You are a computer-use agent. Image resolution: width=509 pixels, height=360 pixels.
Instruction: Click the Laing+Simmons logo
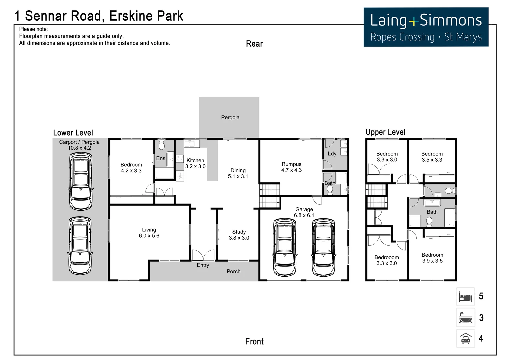(426, 27)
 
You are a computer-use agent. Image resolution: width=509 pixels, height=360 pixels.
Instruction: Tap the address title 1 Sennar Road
(99, 16)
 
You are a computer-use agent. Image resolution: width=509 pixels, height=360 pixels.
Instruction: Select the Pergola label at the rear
(230, 117)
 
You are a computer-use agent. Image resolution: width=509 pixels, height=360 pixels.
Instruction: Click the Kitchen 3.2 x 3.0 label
(195, 163)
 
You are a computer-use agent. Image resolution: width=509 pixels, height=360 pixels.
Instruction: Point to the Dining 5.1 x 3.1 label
(238, 173)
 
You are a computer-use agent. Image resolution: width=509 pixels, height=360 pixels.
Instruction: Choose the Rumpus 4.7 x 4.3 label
(291, 167)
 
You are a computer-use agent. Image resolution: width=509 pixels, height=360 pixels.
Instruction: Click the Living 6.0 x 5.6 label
(149, 233)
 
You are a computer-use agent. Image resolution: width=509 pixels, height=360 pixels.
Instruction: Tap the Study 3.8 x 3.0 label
(239, 235)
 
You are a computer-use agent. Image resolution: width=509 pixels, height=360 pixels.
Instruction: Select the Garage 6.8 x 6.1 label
(304, 212)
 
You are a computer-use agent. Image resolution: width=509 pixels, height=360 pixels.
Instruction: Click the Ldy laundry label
(332, 154)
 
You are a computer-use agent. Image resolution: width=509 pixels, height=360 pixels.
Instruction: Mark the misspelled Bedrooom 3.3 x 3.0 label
(387, 260)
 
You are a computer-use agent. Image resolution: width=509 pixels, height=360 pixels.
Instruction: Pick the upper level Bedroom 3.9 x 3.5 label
(432, 258)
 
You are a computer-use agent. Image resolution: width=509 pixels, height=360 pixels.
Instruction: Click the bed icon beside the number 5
(465, 296)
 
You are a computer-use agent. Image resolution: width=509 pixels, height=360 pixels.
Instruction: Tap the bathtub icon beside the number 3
(465, 318)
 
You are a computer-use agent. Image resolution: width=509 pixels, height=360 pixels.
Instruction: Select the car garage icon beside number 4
(465, 339)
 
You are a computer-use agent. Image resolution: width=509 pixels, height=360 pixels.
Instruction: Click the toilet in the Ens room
(162, 145)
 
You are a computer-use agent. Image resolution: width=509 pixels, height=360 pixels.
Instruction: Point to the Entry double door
(203, 255)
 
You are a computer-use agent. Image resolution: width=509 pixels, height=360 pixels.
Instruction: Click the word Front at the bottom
(254, 342)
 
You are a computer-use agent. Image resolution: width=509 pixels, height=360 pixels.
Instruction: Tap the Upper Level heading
(385, 132)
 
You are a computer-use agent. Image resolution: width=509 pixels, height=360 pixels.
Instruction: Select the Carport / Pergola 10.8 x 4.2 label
(79, 145)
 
